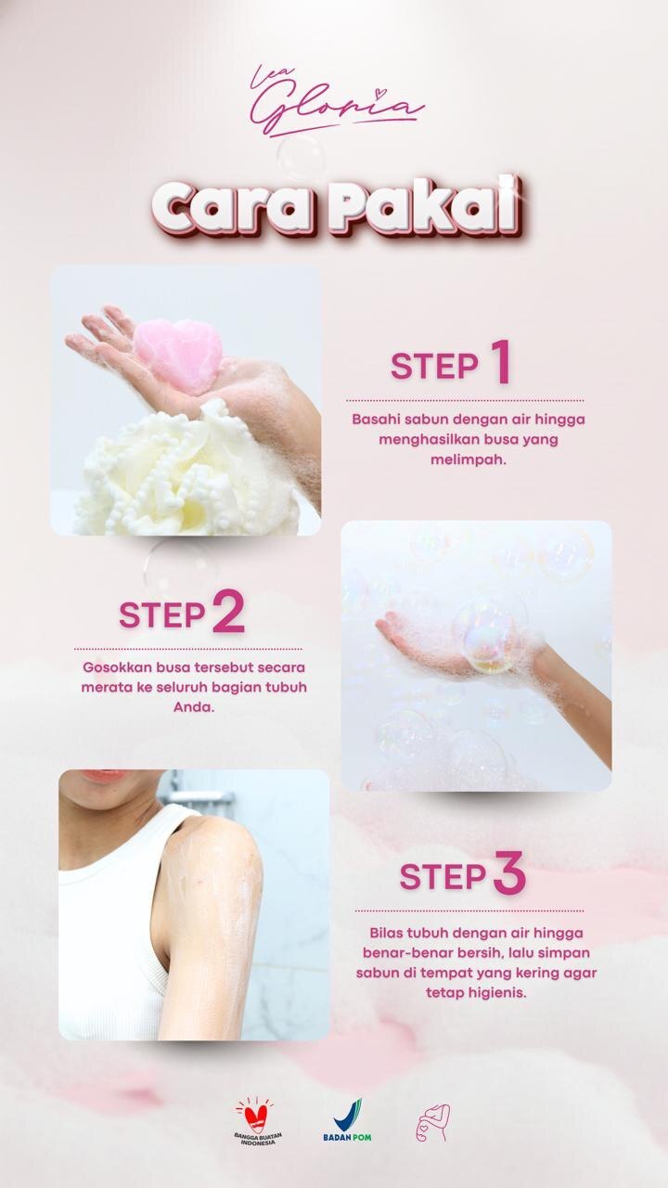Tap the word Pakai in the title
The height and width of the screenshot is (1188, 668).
click(x=423, y=204)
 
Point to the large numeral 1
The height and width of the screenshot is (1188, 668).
click(x=500, y=362)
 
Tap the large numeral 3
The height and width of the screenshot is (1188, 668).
click(x=509, y=872)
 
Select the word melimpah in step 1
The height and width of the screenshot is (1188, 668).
click(x=469, y=459)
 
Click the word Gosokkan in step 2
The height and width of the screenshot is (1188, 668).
click(x=117, y=667)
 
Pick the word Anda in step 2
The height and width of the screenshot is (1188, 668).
click(x=194, y=707)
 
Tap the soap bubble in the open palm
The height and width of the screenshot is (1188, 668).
click(x=489, y=641)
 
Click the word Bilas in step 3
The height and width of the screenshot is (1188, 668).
click(x=387, y=933)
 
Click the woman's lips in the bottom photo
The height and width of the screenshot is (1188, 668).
click(x=103, y=774)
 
